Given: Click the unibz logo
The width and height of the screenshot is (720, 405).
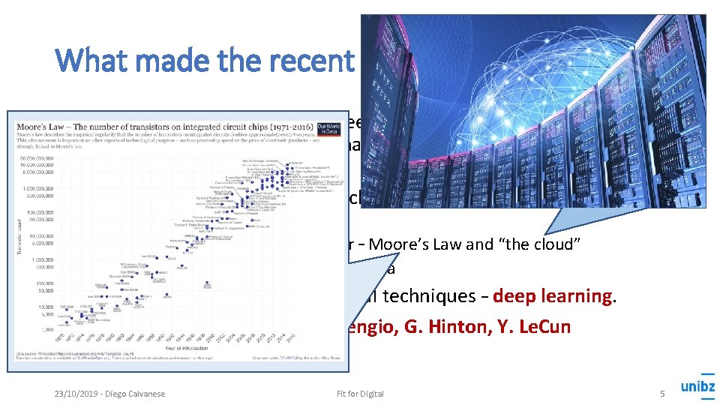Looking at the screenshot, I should [x=697, y=388].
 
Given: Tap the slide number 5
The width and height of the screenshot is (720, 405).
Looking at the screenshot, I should [x=662, y=394].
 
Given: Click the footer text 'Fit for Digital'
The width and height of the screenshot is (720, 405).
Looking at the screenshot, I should [x=361, y=394].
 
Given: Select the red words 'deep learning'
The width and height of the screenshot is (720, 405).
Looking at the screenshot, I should [x=559, y=295].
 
